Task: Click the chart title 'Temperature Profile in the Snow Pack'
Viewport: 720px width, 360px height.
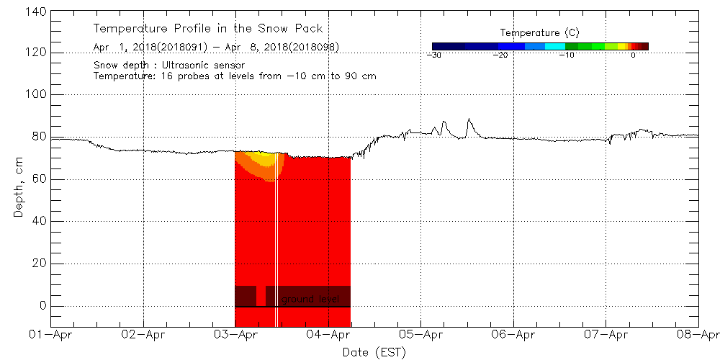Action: tap(207, 29)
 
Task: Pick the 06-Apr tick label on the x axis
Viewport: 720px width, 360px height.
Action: tap(513, 334)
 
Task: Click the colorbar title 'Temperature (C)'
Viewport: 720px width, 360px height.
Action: tap(539, 33)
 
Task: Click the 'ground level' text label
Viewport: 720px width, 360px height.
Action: tap(310, 299)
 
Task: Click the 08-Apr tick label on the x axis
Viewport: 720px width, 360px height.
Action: tap(697, 334)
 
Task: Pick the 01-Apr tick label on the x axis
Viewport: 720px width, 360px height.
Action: tap(52, 334)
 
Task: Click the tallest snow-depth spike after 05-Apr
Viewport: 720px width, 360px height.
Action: tap(469, 120)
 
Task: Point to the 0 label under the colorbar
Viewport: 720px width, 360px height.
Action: tap(633, 55)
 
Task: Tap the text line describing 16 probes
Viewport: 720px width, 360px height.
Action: tap(235, 76)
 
